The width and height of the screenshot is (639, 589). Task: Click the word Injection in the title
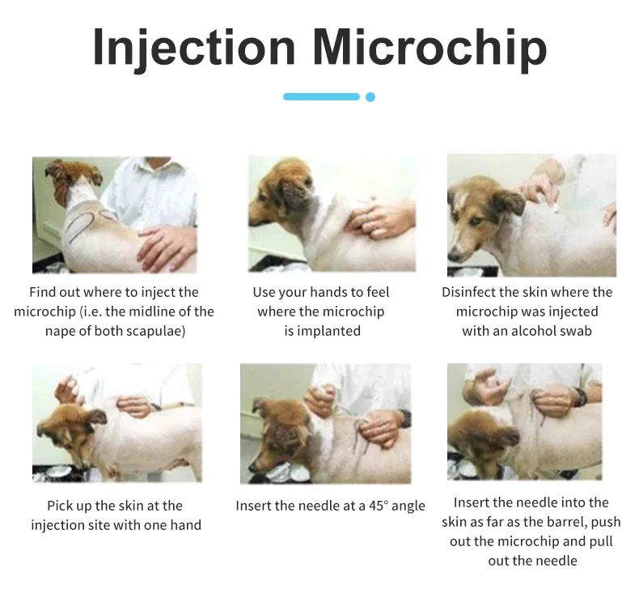194,48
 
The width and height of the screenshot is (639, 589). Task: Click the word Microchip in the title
430,48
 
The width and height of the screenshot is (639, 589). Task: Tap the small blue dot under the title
370,97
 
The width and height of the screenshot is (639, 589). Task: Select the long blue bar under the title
322,96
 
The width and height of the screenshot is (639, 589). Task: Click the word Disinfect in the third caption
468,292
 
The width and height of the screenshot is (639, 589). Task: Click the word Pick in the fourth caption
60,506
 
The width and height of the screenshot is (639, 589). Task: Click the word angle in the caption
408,506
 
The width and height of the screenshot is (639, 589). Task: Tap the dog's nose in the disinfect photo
453,256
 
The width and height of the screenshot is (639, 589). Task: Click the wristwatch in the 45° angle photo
405,418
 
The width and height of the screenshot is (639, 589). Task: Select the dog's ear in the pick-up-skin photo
96,417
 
